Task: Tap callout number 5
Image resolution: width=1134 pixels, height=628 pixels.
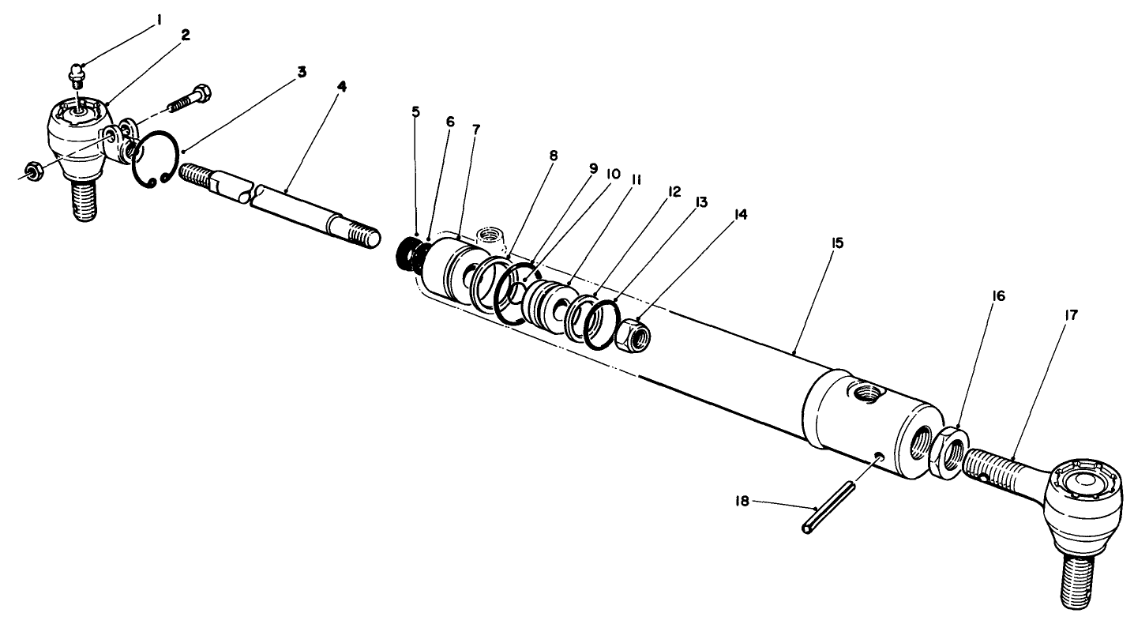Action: [x=415, y=111]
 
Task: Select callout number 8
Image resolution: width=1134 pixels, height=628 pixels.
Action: [x=553, y=155]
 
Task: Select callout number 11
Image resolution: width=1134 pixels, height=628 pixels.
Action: [x=636, y=180]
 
